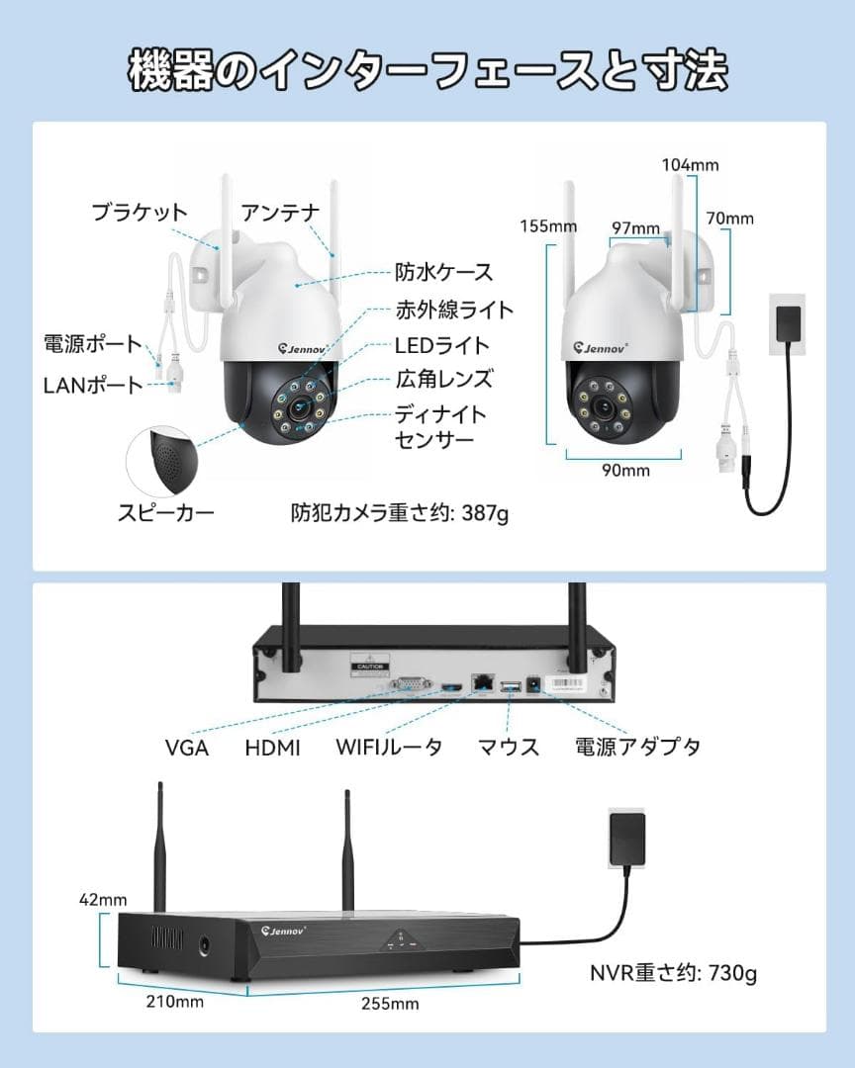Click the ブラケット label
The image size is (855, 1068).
[x=140, y=212]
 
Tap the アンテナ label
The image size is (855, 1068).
[x=281, y=212]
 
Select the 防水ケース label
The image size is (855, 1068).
[x=443, y=271]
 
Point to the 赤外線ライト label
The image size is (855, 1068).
[x=455, y=310]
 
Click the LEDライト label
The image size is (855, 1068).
[x=442, y=345]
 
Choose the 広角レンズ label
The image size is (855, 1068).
[x=443, y=379]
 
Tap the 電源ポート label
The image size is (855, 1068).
[x=93, y=345]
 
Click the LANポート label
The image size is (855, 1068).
[x=93, y=385]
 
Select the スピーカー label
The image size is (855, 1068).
[x=166, y=511]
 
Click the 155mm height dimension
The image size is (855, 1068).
[x=548, y=226]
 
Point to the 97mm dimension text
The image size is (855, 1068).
[x=635, y=228]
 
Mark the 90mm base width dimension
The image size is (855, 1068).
[x=625, y=470]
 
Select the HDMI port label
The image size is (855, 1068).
[x=272, y=748]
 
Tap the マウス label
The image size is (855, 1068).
[x=509, y=747]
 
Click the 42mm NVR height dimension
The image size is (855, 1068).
[x=104, y=900]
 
